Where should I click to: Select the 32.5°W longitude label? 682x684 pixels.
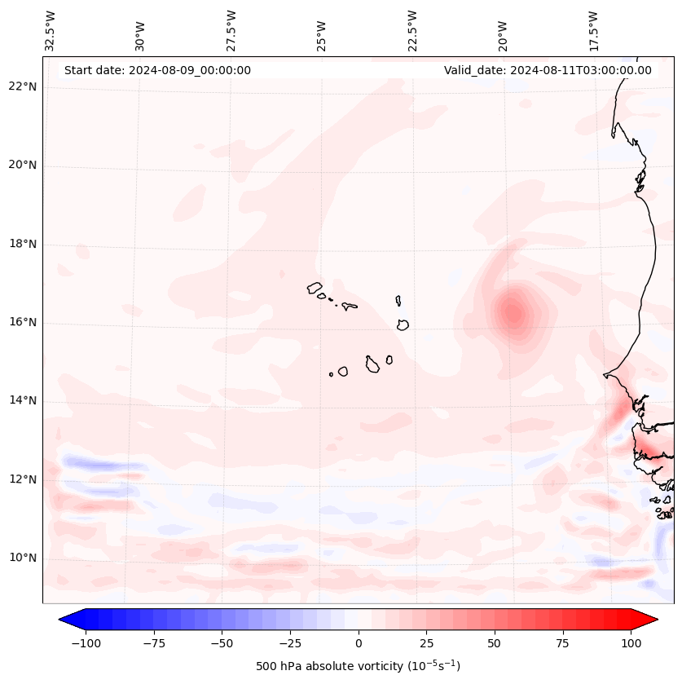(x=51, y=30)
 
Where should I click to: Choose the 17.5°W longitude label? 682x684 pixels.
(x=593, y=30)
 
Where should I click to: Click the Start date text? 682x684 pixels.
(x=157, y=70)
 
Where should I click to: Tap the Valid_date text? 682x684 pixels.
(x=548, y=70)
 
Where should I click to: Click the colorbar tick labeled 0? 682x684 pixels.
(x=359, y=642)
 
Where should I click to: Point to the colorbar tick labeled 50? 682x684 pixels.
(x=495, y=642)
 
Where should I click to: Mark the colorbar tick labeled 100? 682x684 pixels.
(x=631, y=642)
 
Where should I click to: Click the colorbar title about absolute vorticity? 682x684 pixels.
(x=358, y=666)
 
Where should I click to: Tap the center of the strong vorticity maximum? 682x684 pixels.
(x=513, y=312)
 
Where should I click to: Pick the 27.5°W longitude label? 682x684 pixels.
(x=231, y=30)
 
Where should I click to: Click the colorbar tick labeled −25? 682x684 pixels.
(x=290, y=642)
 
